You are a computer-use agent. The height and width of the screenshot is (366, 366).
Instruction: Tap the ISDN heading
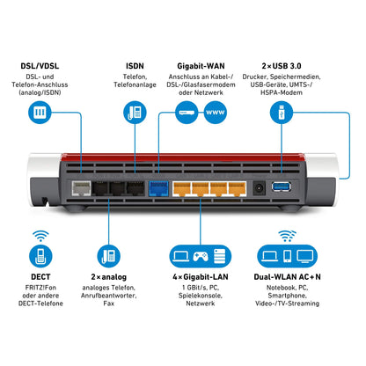[x=135, y=67]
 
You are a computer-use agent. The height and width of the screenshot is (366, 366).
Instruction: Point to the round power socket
[x=260, y=187]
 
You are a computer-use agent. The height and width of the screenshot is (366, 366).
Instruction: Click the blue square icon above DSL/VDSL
[x=40, y=113]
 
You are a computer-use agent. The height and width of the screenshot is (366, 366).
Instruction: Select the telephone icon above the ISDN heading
[x=135, y=113]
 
